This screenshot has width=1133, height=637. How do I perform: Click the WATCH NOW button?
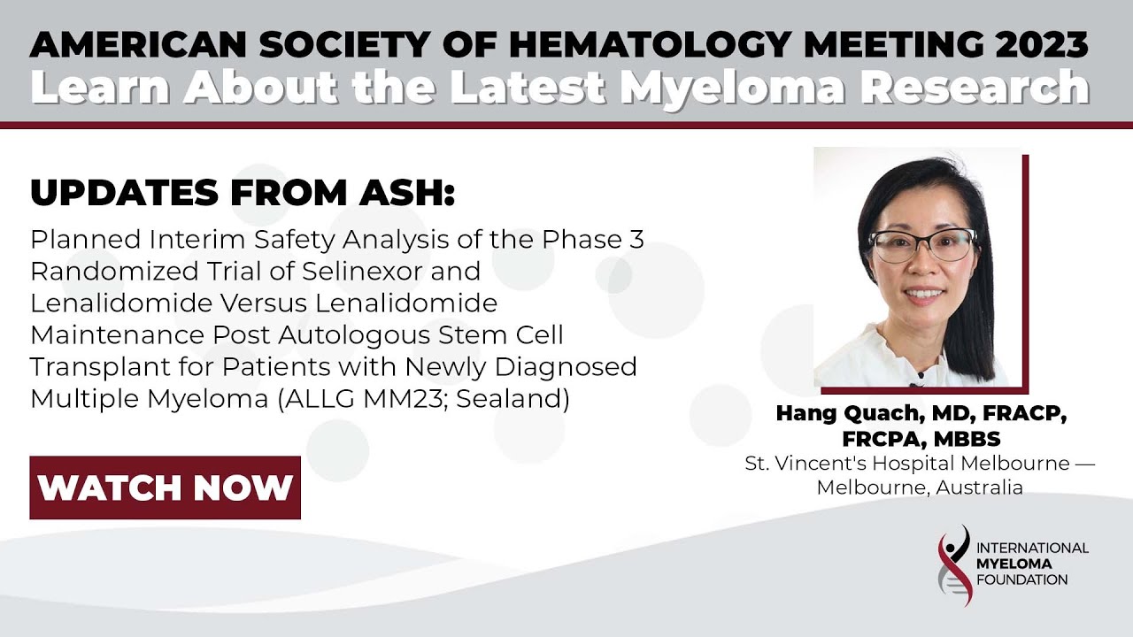[x=166, y=487]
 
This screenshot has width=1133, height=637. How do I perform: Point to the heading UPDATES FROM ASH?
[x=243, y=192]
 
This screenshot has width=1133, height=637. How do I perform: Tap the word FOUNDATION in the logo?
[x=1022, y=580]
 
